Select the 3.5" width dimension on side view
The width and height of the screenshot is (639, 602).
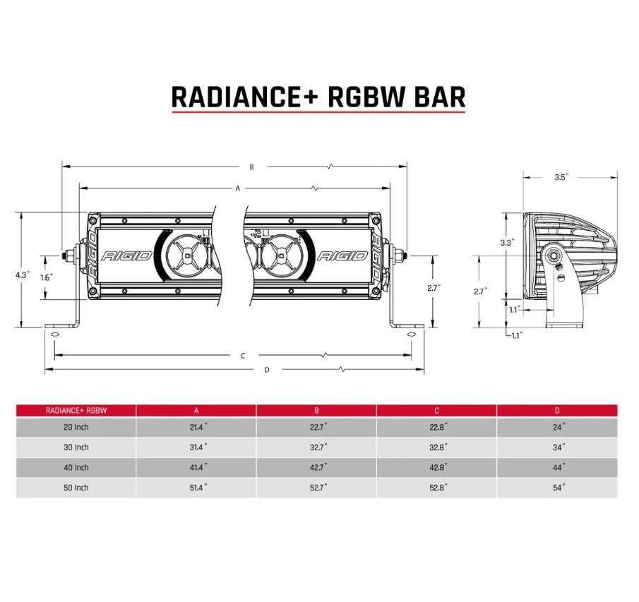[561, 177]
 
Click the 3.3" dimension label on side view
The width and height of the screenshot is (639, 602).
[506, 242]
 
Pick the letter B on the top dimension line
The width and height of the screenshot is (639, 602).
[251, 167]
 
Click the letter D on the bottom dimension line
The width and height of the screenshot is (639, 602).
[266, 369]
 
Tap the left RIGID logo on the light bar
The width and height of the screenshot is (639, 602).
[127, 255]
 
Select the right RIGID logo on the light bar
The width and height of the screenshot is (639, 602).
[342, 255]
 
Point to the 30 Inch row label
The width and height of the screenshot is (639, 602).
[76, 447]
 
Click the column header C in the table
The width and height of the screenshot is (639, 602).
[437, 410]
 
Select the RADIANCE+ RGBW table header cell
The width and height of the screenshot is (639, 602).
[76, 410]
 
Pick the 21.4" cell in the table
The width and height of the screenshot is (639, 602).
[196, 428]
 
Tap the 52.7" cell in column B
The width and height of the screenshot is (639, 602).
[316, 488]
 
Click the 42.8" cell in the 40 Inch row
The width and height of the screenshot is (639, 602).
[437, 468]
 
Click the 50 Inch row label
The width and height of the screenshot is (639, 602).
[76, 488]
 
